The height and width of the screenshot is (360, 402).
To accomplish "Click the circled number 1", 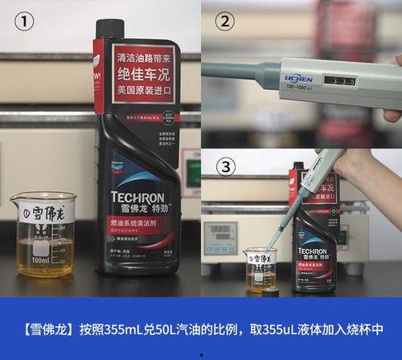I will [25, 22].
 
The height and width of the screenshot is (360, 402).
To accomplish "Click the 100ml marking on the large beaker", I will [39, 260].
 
